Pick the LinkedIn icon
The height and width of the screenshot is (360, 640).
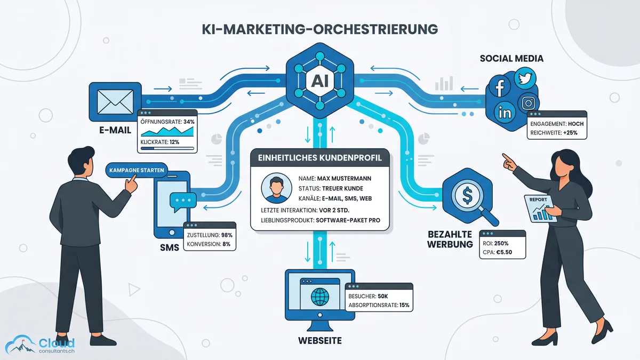point(504,112)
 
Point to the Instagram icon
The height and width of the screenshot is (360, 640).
point(528,102)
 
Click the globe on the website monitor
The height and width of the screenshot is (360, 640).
point(320,297)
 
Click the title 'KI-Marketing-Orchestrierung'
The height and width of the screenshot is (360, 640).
point(319,30)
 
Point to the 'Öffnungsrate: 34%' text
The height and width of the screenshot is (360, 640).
point(167,122)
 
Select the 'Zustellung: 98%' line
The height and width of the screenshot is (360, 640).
point(209,235)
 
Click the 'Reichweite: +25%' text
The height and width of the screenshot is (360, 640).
point(555,132)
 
